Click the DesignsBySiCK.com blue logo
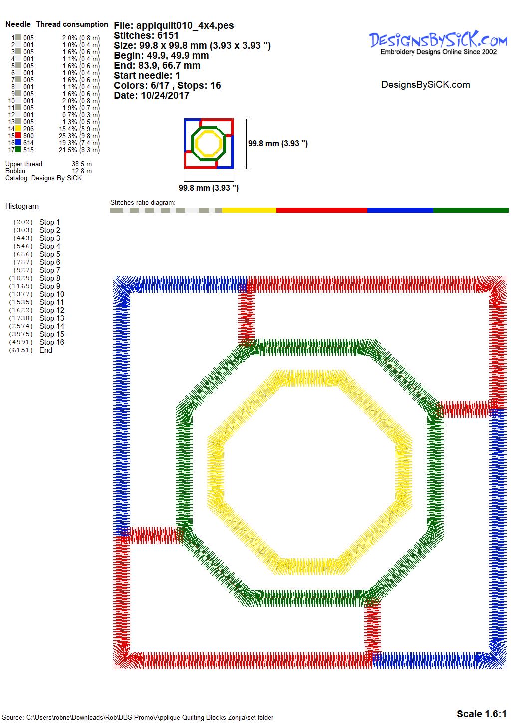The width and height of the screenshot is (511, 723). [438, 40]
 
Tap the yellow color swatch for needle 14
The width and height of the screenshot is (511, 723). [18, 129]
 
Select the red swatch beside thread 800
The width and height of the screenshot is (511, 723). [18, 136]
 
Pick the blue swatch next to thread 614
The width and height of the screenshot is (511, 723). [18, 143]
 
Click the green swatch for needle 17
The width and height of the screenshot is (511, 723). [18, 150]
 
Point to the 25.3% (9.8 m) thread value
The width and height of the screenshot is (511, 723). [79, 136]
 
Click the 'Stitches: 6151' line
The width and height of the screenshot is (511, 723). [146, 35]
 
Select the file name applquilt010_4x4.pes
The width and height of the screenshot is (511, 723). [185, 25]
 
